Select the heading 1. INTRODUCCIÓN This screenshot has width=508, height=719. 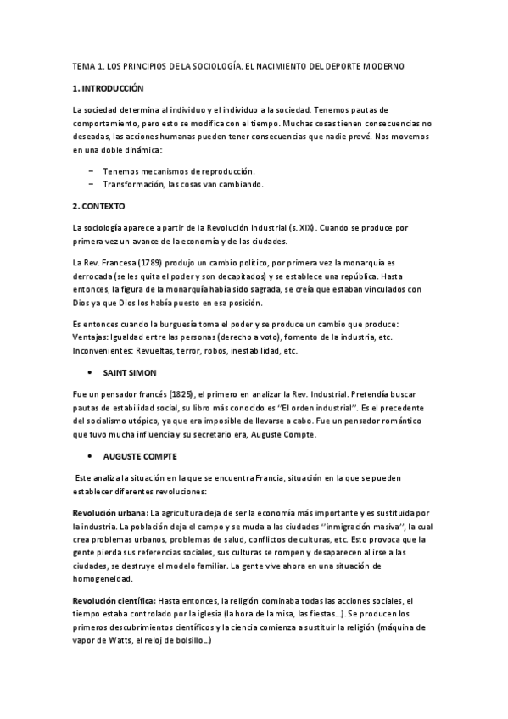point(109,88)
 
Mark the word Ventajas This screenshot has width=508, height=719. point(92,337)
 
